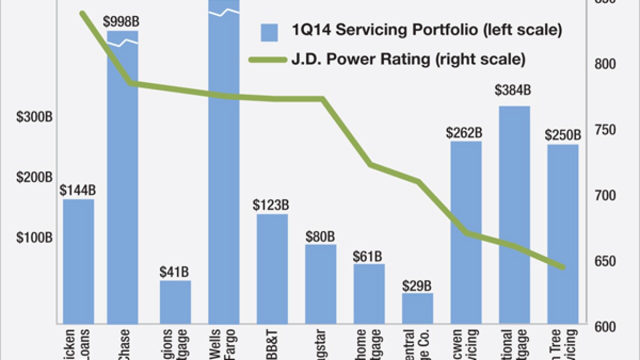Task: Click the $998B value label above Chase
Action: coord(121,22)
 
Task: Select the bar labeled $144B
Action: coord(78,260)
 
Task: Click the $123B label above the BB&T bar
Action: coord(272,205)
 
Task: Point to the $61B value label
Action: coord(369,256)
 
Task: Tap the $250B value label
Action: coord(563,135)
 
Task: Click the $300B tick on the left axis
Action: coord(34,117)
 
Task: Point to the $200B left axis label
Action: coord(34,177)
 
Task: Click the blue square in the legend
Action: coord(269,32)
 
